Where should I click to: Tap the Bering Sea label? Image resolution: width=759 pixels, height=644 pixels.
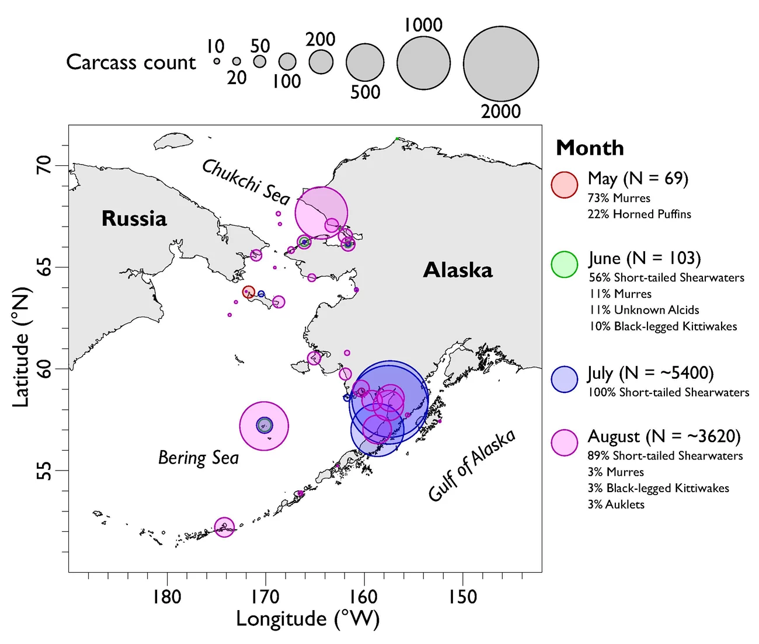199,458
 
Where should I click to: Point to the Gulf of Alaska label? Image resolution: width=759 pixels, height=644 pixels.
472,465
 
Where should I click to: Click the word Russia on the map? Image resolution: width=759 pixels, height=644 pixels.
134,218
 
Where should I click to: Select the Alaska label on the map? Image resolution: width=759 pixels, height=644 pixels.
458,270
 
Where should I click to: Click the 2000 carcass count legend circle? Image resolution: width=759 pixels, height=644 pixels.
501,64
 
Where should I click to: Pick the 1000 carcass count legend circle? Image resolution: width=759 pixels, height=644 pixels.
423,63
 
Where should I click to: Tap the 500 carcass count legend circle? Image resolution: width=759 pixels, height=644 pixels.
365,62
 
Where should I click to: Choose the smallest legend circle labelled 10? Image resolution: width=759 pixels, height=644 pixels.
217,61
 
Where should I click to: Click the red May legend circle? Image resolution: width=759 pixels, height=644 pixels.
565,185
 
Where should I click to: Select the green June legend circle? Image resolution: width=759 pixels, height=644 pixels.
565,264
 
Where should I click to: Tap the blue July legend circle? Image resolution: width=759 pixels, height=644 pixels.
565,380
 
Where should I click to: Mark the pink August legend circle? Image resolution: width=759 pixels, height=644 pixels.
565,443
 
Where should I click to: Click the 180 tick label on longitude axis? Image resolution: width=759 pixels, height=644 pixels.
167,597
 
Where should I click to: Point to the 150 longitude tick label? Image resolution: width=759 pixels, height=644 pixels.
462,597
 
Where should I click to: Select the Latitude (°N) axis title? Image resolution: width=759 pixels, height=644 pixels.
21,347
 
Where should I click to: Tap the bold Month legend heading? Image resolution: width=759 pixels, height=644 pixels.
590,148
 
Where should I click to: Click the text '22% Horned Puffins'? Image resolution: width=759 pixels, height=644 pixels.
639,214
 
